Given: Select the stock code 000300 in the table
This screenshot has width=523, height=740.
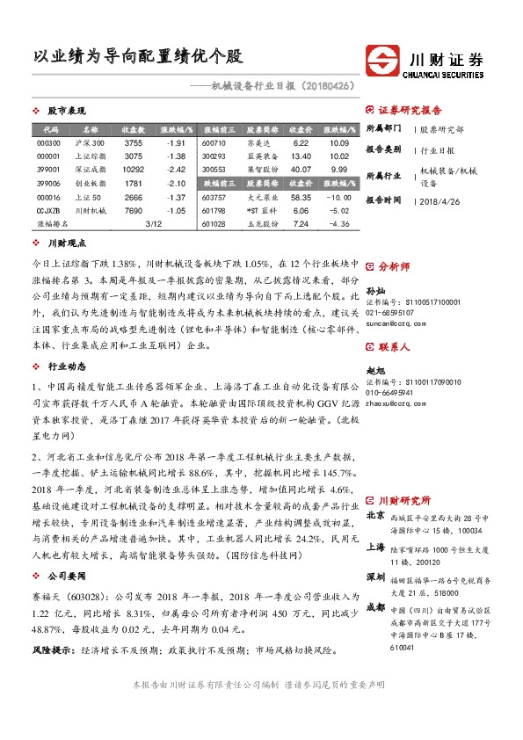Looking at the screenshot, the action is click(x=49, y=142).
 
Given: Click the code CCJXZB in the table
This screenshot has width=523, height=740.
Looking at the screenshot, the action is click(x=48, y=211).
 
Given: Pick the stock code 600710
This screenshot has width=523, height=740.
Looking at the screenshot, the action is click(x=214, y=142).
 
